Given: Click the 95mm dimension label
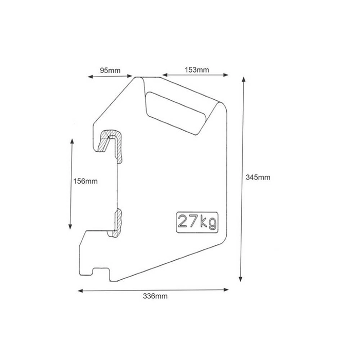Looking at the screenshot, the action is pos(110,70).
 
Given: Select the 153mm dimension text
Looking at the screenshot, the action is pos(197,70).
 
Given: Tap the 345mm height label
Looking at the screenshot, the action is pos(258,177).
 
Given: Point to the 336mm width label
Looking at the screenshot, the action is pos(155,296).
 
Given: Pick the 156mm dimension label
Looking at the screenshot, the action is pos(85,181).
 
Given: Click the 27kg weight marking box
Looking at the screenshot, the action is pos(197,223).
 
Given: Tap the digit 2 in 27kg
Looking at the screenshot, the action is pos(183,221).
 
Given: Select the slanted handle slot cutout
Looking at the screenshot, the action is pos(176,114).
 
